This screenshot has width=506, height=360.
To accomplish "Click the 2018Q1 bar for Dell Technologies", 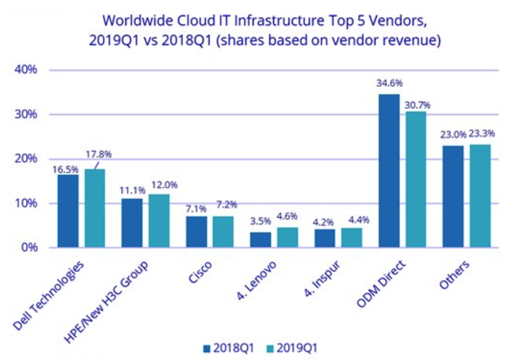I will pos(68,211).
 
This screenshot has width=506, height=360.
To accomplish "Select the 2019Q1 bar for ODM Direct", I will pos(416,179).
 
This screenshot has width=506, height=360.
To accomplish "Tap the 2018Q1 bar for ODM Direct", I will pos(389,170).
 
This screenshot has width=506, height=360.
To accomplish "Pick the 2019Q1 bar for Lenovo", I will pos(287,238).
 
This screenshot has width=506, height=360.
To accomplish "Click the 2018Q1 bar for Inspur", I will pos(325,238).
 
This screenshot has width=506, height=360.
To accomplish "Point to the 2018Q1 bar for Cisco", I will pos(197,232).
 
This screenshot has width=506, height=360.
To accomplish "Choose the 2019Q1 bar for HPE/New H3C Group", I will pos(159,221).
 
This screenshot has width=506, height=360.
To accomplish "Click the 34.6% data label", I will pos(389,83).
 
